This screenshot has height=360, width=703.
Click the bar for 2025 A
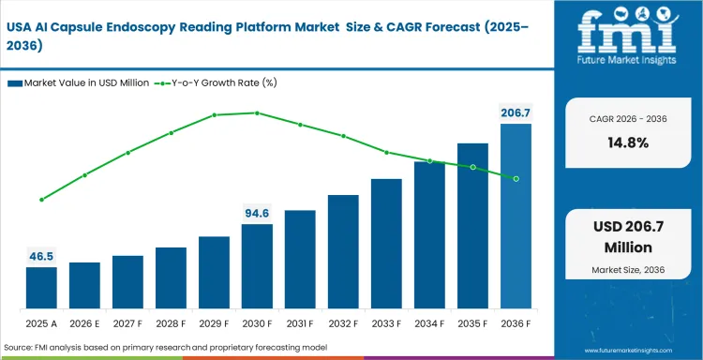tap(41, 288)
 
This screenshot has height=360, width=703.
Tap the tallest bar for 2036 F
tap(516, 217)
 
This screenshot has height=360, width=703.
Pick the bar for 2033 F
tap(386, 244)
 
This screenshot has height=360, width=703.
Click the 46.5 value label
tap(41, 255)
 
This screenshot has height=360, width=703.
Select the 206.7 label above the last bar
tap(516, 112)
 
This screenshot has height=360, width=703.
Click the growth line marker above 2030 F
tap(257, 112)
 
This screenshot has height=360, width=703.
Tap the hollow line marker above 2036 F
tap(516, 178)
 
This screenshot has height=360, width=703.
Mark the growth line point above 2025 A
tap(41, 200)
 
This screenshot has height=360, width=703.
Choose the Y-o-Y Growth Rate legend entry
tap(220, 82)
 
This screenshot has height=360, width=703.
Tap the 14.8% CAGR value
tap(630, 142)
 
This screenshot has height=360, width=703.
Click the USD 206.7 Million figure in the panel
tap(630, 237)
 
